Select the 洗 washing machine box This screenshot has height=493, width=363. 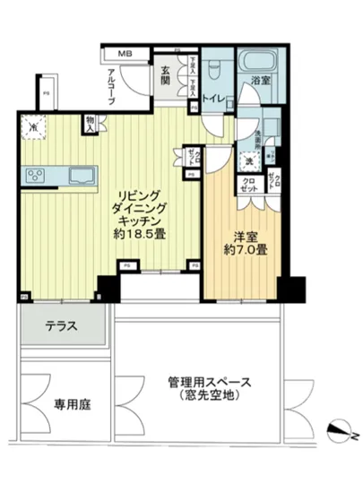pos(251,160)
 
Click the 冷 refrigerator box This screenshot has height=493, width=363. pos(33,127)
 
